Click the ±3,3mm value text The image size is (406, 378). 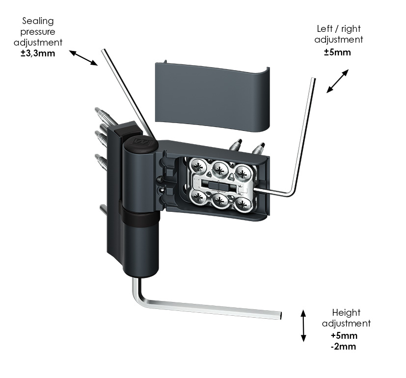point(37,53)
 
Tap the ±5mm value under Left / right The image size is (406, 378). point(338,52)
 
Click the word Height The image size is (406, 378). point(346,313)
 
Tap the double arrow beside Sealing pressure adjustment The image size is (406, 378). point(83,57)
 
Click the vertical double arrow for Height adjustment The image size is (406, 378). point(303,325)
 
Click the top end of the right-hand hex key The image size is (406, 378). point(312,79)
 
